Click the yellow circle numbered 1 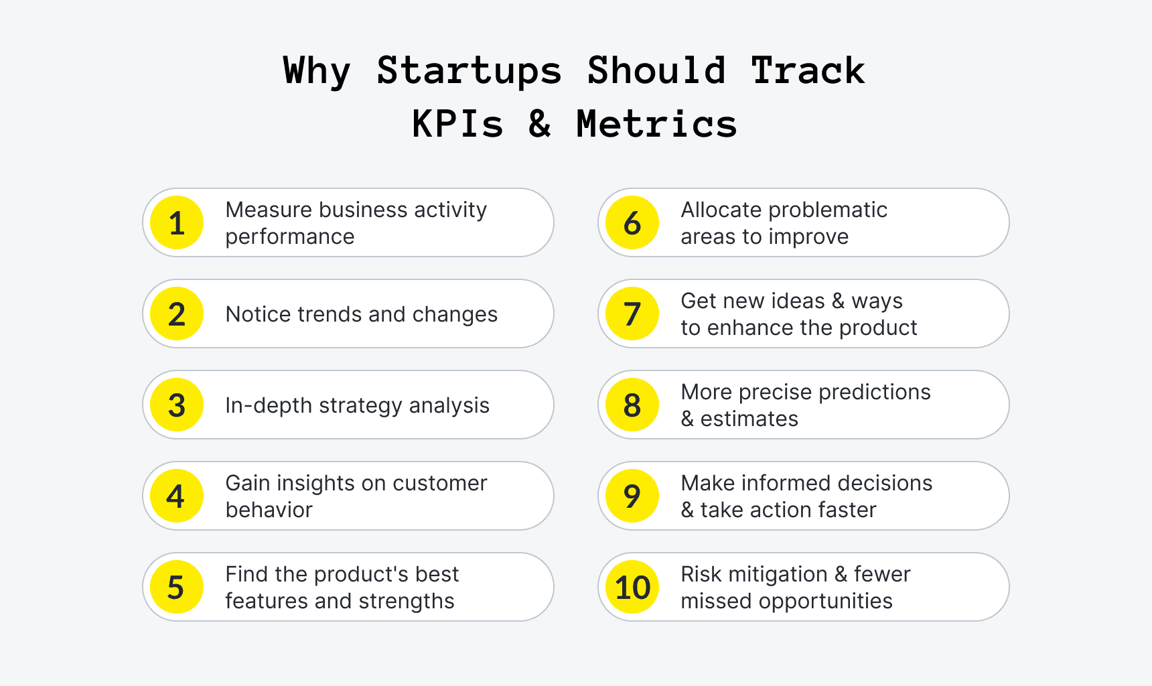click(x=177, y=222)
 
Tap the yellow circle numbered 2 click(x=177, y=314)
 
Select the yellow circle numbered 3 click(x=177, y=405)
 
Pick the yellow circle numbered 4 click(x=177, y=496)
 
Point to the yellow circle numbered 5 click(x=177, y=587)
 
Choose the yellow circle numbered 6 click(x=632, y=222)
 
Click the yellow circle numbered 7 click(x=632, y=314)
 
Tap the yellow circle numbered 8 click(x=632, y=405)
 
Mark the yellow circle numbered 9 click(x=632, y=496)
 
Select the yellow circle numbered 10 click(x=632, y=587)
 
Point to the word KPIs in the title click(x=457, y=124)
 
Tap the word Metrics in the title click(x=656, y=124)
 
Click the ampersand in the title click(x=540, y=124)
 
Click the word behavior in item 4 click(x=269, y=510)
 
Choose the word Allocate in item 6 click(x=721, y=210)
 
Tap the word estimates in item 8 click(x=749, y=419)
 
